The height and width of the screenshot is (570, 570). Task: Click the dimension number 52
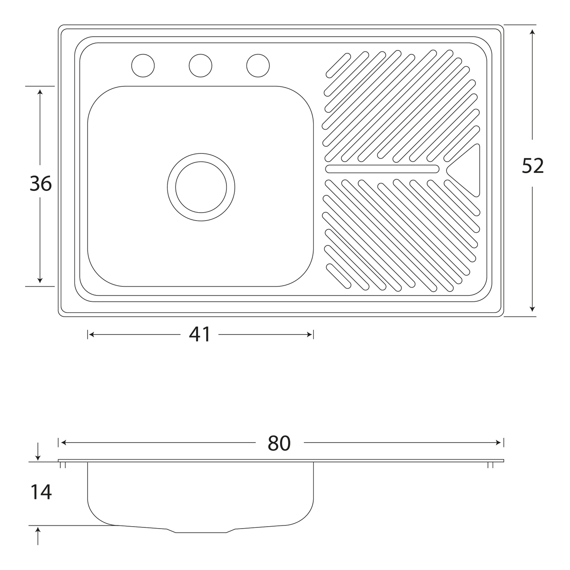533,166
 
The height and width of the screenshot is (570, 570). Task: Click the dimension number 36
41,183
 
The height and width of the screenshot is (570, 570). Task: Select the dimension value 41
199,334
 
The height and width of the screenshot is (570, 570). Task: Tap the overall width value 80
279,443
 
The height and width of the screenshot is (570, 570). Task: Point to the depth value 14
41,492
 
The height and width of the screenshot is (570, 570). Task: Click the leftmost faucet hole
143,65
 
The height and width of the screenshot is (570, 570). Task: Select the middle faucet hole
200,65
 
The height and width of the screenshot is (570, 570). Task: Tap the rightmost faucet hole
258,65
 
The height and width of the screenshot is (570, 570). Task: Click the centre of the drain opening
201,187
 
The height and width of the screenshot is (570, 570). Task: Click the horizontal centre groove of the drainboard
382,169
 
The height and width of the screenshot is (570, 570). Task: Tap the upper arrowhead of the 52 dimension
533,32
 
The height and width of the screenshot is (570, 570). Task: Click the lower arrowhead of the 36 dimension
40,280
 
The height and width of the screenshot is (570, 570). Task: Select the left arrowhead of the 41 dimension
92,335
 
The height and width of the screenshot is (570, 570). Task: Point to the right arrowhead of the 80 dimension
498,443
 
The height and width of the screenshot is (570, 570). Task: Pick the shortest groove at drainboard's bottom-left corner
339,276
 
